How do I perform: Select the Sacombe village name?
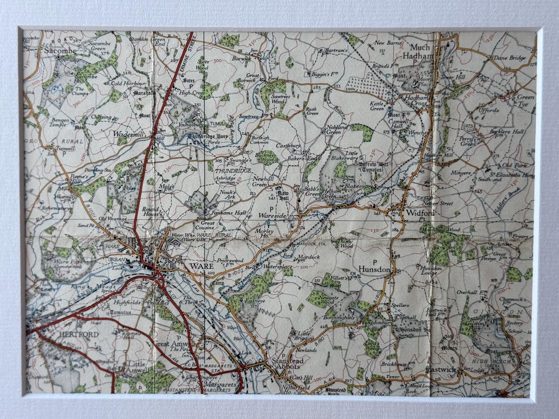[60, 51]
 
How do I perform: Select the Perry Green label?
[467, 141]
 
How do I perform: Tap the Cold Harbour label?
[128, 83]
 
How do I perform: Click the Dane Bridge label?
[509, 58]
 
